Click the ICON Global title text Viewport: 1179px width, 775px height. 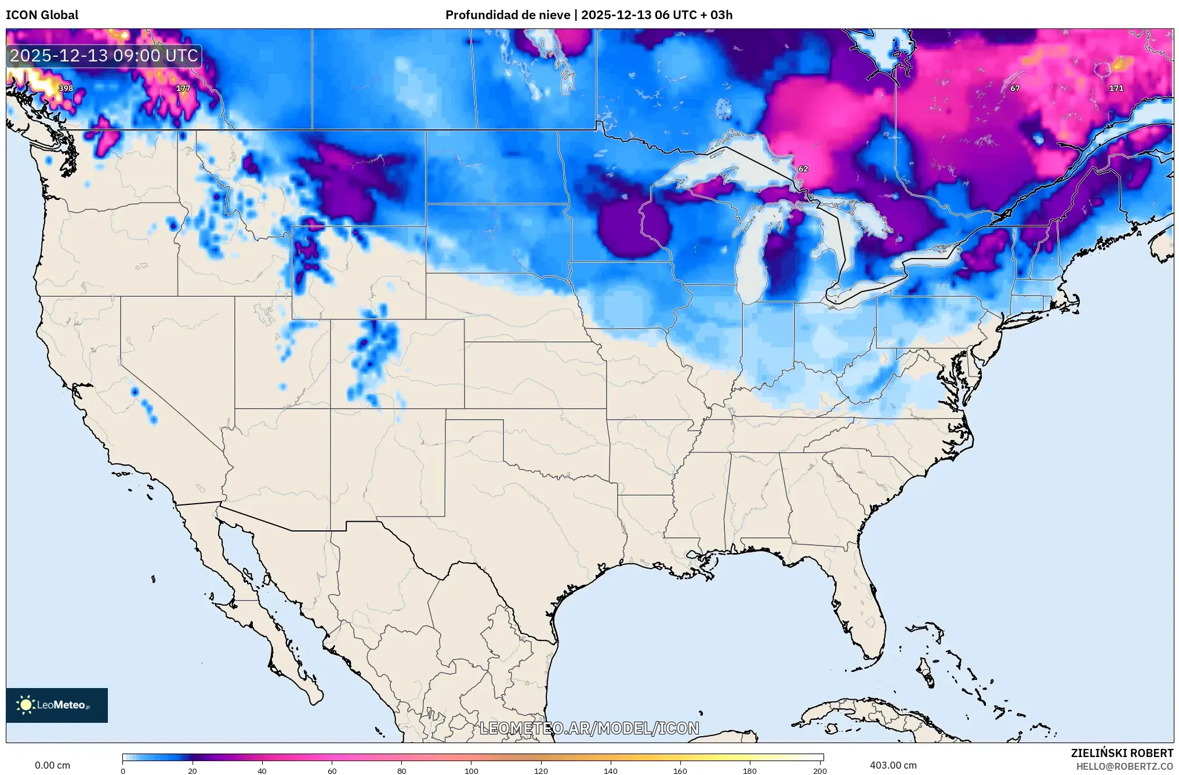click(42, 15)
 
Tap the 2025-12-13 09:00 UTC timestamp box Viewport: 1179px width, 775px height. click(104, 56)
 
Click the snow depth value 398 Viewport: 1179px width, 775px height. click(66, 88)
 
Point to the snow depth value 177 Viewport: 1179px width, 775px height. click(183, 88)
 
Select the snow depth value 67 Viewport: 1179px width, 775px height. click(1015, 88)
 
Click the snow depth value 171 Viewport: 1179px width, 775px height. click(1116, 88)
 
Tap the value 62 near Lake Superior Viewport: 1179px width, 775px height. click(803, 169)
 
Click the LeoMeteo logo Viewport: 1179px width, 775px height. click(57, 705)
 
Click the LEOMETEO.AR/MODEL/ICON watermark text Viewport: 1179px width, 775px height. click(589, 728)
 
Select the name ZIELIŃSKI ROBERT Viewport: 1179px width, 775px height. click(1122, 753)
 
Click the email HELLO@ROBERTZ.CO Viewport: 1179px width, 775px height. click(1124, 766)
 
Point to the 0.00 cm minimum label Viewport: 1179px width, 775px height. click(52, 765)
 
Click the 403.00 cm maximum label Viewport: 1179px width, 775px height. click(893, 765)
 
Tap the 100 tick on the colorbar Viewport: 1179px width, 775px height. click(471, 771)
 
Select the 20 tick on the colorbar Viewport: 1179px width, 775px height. click(193, 771)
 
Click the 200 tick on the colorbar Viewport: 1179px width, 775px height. click(819, 771)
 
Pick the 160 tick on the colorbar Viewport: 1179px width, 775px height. click(680, 771)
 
